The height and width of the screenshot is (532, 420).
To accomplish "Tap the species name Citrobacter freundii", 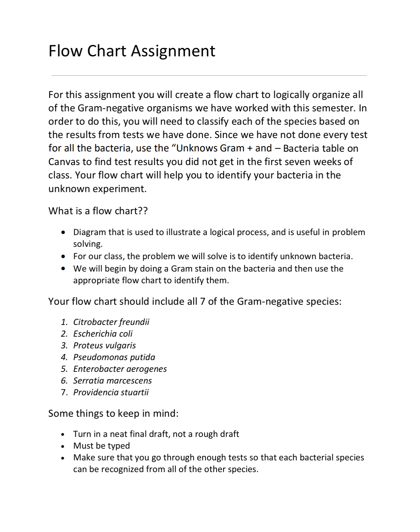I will pyautogui.click(x=111, y=322).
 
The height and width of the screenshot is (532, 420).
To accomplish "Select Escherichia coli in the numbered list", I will pyautogui.click(x=103, y=334).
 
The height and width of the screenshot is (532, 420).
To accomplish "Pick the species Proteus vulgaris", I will pyautogui.click(x=104, y=345).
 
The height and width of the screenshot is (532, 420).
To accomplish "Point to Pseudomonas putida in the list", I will pyautogui.click(x=114, y=357).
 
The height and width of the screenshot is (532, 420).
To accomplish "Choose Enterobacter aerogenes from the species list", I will pyautogui.click(x=120, y=369).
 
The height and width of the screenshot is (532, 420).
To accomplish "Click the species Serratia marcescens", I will pyautogui.click(x=112, y=381).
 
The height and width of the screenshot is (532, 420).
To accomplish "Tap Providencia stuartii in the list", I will pyautogui.click(x=111, y=392).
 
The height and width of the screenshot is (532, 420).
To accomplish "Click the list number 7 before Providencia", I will pyautogui.click(x=64, y=392).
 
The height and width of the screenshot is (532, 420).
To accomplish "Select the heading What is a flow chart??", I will pyautogui.click(x=98, y=211).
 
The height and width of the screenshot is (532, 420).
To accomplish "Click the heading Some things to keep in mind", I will pyautogui.click(x=113, y=413).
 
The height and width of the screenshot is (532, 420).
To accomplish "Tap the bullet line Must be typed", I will pyautogui.click(x=101, y=446).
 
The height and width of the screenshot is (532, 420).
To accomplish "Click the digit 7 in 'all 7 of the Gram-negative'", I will pyautogui.click(x=202, y=301).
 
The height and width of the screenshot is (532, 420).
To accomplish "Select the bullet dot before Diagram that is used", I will pyautogui.click(x=63, y=232).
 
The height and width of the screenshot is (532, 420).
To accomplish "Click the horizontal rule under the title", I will pyautogui.click(x=209, y=76).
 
